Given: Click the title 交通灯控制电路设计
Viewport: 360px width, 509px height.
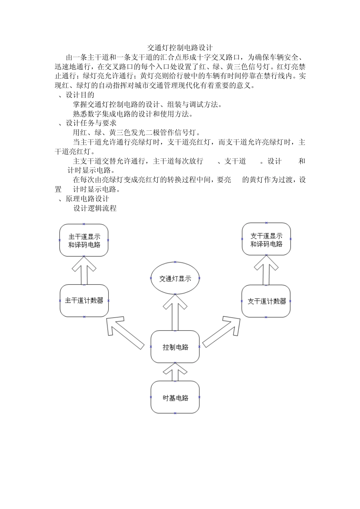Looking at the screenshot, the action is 180,48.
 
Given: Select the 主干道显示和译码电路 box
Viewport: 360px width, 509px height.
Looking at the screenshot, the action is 84,240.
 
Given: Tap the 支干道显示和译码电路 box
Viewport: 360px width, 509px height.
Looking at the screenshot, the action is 266,240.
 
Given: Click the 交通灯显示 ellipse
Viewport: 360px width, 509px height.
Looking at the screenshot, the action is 175,279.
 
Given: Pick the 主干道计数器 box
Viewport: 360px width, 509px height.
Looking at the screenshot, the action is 84,301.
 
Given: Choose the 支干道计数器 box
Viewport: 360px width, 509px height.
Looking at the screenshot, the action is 266,301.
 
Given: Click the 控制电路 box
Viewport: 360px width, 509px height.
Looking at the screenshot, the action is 175,347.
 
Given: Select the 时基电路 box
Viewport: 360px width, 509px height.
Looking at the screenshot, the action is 175,398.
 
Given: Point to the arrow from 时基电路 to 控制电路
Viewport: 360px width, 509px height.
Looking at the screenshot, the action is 175,372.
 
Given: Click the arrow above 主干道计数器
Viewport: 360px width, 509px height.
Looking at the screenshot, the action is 84,270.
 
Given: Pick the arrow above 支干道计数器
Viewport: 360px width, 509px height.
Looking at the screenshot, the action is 266,270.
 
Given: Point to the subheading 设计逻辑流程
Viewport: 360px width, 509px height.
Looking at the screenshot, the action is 95,208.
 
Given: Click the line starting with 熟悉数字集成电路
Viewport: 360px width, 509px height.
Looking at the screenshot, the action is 133,114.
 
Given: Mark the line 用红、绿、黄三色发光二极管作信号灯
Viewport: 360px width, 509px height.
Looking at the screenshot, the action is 136,133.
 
